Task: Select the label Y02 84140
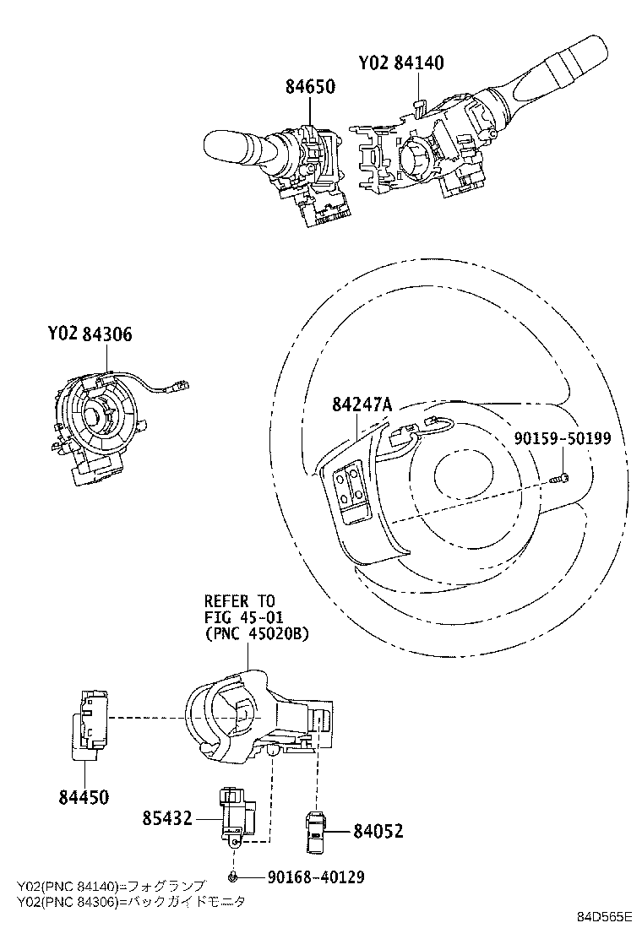tap(400, 62)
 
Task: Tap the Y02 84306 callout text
tap(90, 335)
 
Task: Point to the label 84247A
tap(362, 405)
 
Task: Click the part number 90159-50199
tap(563, 438)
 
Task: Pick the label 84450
tap(84, 796)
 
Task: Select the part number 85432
tap(167, 817)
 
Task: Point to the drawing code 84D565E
tap(606, 917)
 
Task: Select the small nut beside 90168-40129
tap(233, 877)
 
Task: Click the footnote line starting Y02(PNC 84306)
tap(131, 902)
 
